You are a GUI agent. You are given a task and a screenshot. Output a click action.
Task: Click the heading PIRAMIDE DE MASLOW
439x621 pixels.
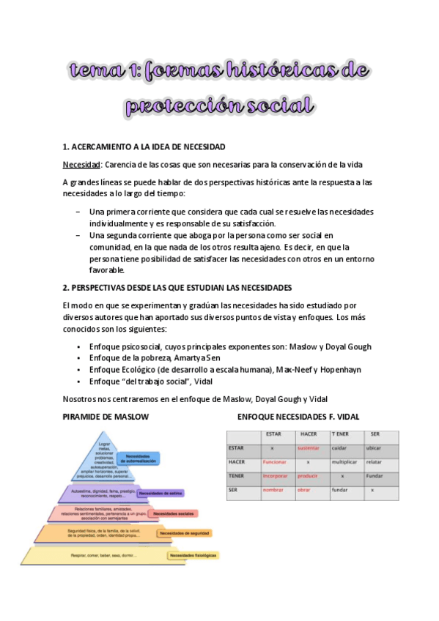pyautogui.click(x=106, y=417)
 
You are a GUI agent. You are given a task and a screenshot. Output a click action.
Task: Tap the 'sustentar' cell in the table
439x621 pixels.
pyautogui.click(x=309, y=447)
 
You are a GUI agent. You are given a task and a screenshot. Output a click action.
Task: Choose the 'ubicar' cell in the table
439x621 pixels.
pyautogui.click(x=374, y=447)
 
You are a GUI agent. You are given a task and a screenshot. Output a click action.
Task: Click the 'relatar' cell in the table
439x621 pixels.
pyautogui.click(x=374, y=462)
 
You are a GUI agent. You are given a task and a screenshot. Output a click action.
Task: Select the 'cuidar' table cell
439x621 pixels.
pyautogui.click(x=338, y=447)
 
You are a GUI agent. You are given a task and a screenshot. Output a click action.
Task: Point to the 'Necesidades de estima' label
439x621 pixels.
pyautogui.click(x=163, y=493)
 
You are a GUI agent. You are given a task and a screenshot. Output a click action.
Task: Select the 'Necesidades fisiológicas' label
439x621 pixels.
pyautogui.click(x=193, y=556)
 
